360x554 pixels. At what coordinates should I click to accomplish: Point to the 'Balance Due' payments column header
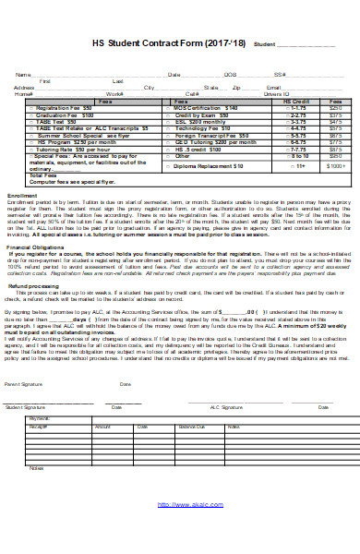pos(192,428)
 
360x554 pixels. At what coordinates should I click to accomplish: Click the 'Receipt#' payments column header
pos(39,428)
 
